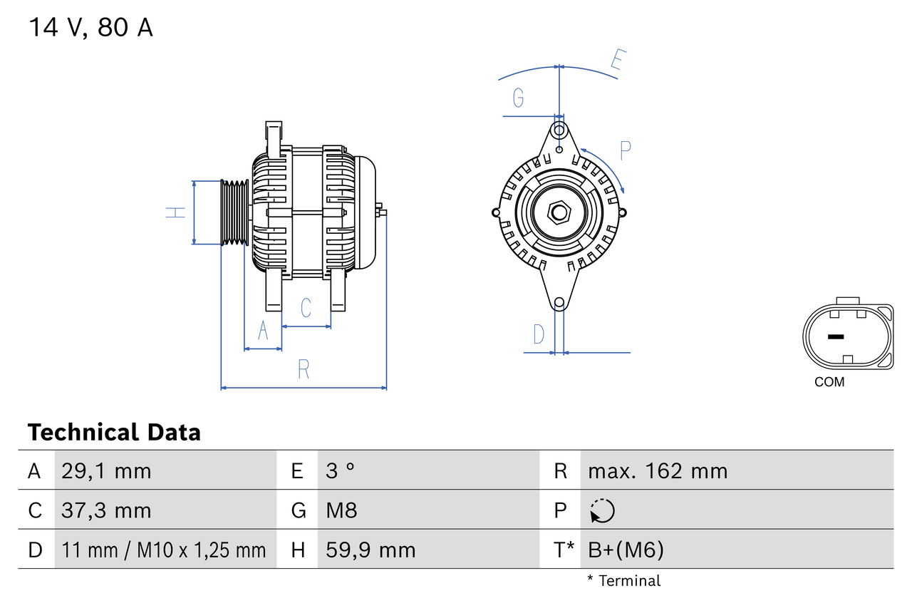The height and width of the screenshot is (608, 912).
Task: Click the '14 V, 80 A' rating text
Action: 90,28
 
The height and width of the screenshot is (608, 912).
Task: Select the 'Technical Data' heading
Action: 114,433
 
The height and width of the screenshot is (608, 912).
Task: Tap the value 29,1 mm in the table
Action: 106,471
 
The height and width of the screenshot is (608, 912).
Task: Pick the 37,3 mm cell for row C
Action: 106,510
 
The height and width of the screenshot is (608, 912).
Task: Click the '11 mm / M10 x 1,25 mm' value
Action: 163,550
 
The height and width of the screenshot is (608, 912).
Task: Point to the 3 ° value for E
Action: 340,471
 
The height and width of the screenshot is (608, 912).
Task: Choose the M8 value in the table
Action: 341,510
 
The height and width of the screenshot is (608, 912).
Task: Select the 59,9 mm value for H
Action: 370,550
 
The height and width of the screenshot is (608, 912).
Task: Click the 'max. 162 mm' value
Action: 657,471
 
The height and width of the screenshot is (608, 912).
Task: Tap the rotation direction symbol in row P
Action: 602,510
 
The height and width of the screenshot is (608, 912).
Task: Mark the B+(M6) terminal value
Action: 626,550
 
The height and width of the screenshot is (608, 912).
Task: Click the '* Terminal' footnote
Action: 623,581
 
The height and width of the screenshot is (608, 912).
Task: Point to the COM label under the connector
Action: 829,382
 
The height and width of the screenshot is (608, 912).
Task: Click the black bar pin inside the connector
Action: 836,336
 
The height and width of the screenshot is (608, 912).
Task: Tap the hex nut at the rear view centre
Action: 559,212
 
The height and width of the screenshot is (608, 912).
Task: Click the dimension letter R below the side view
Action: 304,369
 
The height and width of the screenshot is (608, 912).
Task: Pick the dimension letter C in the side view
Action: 306,308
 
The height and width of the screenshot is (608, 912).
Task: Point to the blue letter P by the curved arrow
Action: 626,150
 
